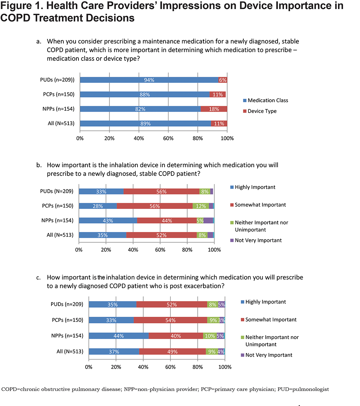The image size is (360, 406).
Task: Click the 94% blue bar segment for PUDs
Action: tap(149, 80)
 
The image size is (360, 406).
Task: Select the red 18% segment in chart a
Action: tap(214, 109)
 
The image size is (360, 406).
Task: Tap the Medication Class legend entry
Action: tap(265, 100)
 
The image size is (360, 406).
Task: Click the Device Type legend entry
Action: tap(260, 111)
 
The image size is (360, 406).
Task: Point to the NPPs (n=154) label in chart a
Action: tap(58, 109)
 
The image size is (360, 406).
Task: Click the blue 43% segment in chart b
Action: tap(108, 220)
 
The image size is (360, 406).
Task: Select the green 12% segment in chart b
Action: tap(201, 206)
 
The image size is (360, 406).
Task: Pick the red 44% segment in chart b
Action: tap(167, 220)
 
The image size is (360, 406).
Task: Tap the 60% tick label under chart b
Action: tap(160, 250)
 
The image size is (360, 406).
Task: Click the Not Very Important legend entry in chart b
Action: tap(256, 240)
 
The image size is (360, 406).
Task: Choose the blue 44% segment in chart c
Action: tap(119, 336)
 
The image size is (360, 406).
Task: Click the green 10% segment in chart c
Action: tap(210, 336)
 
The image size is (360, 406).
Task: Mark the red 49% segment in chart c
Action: tap(172, 352)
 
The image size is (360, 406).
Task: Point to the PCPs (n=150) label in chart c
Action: tap(67, 320)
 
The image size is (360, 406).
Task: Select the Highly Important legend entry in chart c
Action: tap(263, 302)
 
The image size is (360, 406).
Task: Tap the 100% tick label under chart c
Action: tap(225, 367)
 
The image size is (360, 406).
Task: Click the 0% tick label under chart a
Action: tap(80, 138)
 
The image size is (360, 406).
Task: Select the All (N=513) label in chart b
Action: tap(60, 235)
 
